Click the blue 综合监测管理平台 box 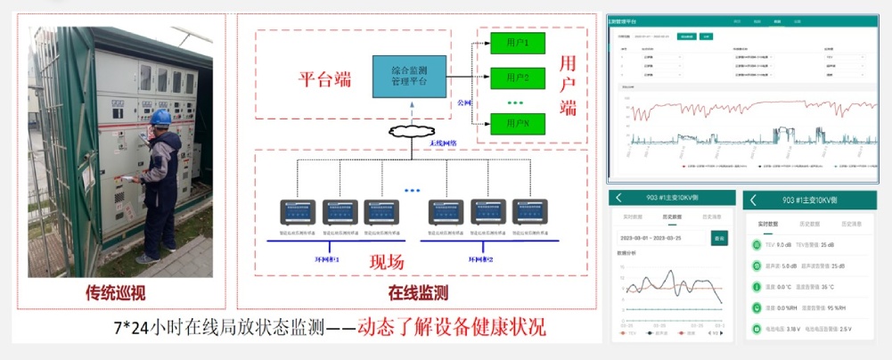pos(409,74)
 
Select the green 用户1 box pos(518,43)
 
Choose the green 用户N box pos(518,123)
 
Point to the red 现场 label pos(387,262)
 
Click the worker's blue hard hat pos(161,117)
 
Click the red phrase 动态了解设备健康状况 pos(451,327)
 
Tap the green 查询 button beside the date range pos(719,239)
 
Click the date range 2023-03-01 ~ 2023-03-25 pos(654,239)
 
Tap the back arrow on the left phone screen pos(618,198)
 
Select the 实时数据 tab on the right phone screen pos(767,223)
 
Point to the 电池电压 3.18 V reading pos(782,329)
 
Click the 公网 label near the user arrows pos(463,102)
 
